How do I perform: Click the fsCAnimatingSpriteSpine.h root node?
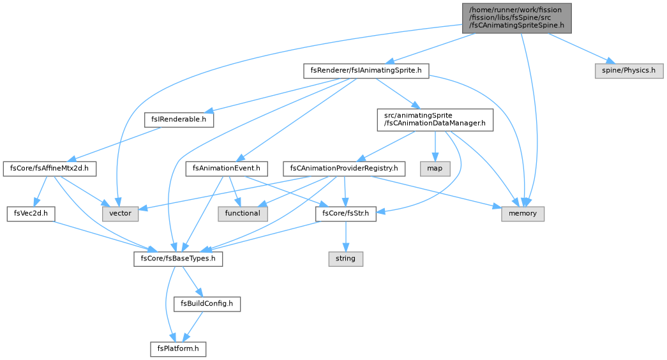pos(517,17)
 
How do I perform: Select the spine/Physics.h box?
pos(629,71)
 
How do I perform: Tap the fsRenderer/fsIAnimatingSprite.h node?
pos(366,71)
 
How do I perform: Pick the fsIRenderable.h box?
pos(179,119)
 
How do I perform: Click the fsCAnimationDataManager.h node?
pos(435,119)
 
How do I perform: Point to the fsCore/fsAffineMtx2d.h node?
pos(49,169)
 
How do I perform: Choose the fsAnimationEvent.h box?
pos(227,169)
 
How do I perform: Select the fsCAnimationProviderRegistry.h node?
pos(344,169)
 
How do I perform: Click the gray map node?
pos(435,169)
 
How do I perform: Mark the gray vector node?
pos(121,214)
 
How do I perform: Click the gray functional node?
pos(243,214)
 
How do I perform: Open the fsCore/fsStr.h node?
pos(346,214)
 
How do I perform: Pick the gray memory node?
pos(523,214)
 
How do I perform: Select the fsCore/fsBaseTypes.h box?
pos(178,259)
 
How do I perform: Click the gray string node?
pos(346,259)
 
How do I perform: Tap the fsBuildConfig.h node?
pos(207,304)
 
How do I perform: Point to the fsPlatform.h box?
pos(178,349)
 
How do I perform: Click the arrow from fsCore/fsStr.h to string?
pos(346,236)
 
